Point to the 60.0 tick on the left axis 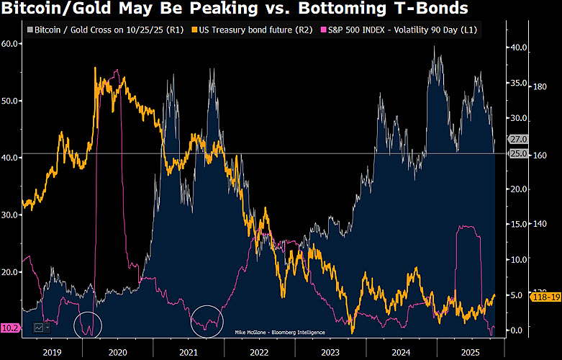coord(11,44)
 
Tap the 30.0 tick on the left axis coord(11,215)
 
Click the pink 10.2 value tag coord(11,328)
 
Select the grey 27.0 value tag coord(518,139)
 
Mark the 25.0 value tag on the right coord(518,154)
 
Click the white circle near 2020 coord(88,325)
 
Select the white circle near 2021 coord(209,321)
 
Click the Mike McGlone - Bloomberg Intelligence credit coord(279,332)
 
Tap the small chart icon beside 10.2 coord(38,328)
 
